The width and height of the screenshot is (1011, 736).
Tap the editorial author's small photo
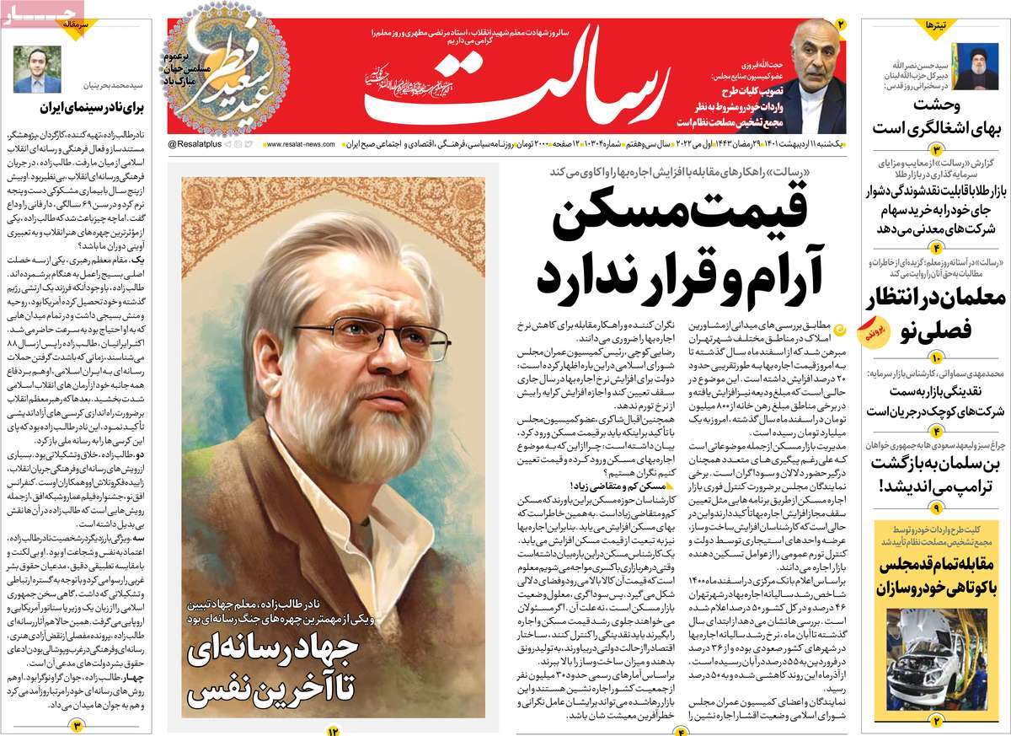[x=37, y=69]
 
